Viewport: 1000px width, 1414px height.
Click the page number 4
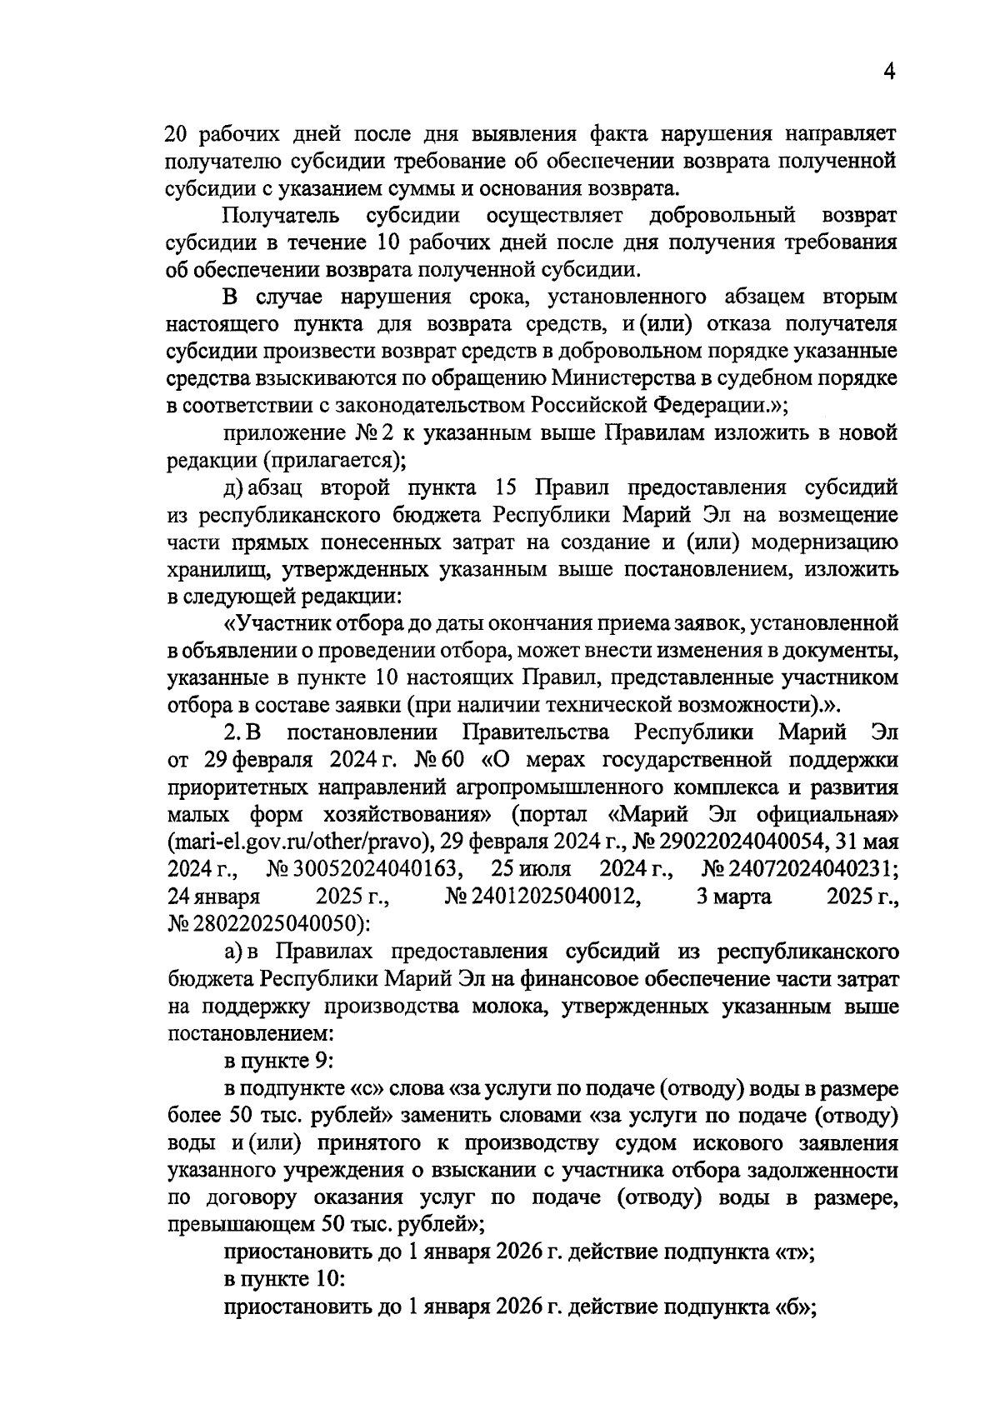point(888,72)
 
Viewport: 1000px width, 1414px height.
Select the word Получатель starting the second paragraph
point(281,216)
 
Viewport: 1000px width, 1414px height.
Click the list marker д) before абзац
point(232,487)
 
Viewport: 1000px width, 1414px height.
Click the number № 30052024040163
point(364,869)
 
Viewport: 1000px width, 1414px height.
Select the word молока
point(510,1007)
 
